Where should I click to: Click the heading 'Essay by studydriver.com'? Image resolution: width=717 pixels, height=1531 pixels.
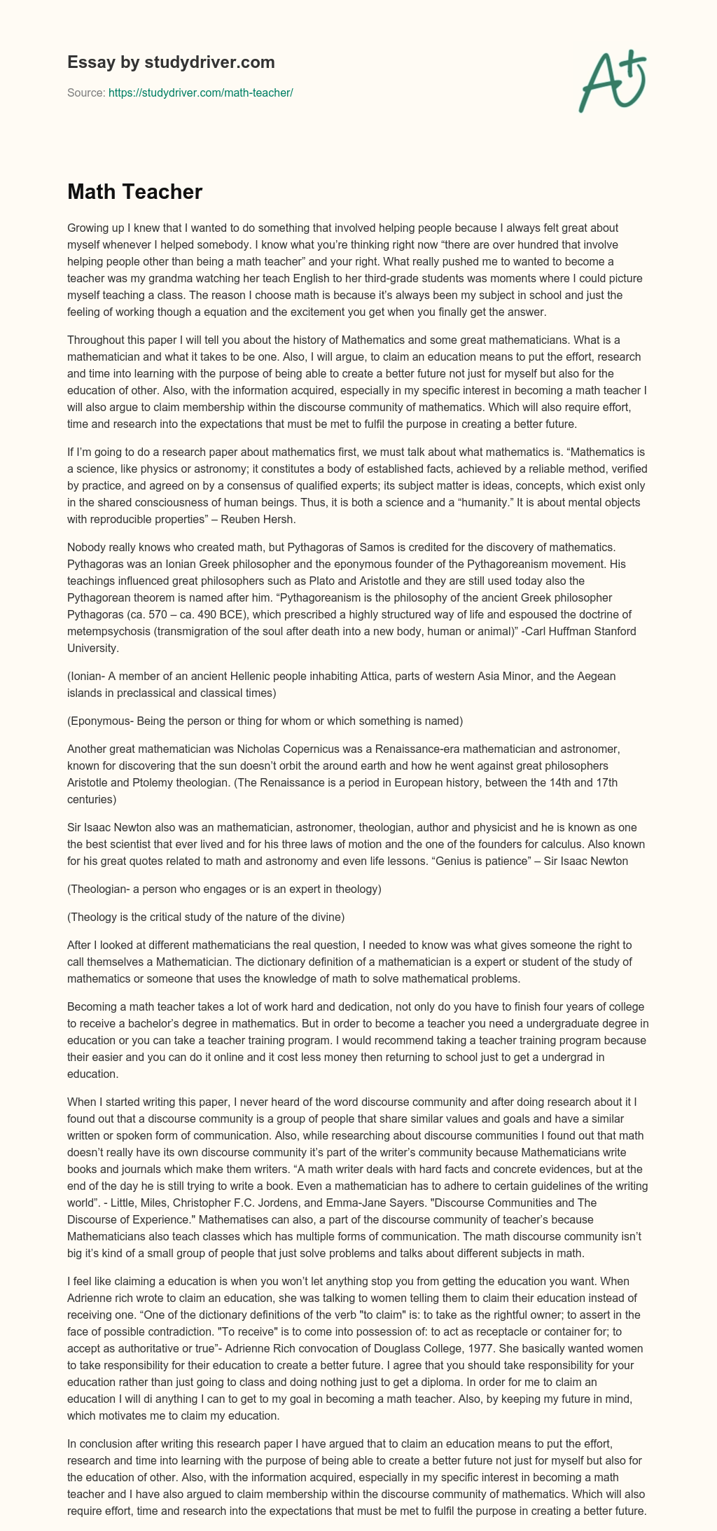(171, 63)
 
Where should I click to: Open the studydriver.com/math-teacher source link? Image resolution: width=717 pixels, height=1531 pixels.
(200, 92)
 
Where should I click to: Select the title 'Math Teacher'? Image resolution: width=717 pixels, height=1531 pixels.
(134, 193)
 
